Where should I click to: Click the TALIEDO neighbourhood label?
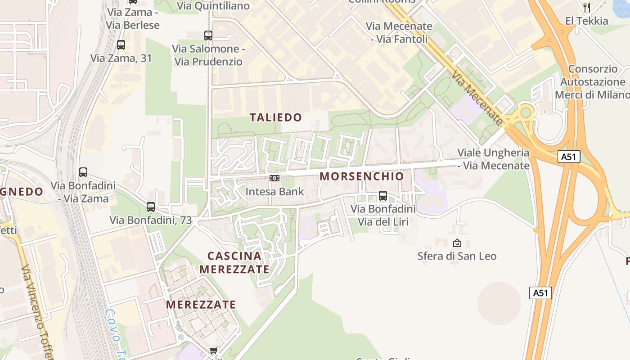tap(276, 117)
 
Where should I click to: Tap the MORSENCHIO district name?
tap(362, 176)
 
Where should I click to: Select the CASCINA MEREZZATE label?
tap(234, 262)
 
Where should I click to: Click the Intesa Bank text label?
tap(274, 192)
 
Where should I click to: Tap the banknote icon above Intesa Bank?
tap(274, 178)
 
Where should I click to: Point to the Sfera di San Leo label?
tap(457, 256)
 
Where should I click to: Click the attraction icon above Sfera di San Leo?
tap(457, 243)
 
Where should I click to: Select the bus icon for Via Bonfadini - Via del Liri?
tap(383, 196)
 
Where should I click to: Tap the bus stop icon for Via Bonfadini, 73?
tap(151, 207)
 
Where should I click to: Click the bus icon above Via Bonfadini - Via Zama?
tap(83, 172)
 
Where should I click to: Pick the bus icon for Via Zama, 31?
tap(121, 45)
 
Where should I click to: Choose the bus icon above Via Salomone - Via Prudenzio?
tap(208, 35)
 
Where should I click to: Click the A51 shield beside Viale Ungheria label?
tap(569, 157)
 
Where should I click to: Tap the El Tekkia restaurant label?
tap(586, 21)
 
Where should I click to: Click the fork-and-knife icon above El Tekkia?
tap(586, 7)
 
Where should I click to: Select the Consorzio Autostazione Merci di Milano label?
tap(592, 82)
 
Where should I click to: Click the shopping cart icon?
tap(214, 351)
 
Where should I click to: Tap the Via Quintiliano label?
tap(213, 6)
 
